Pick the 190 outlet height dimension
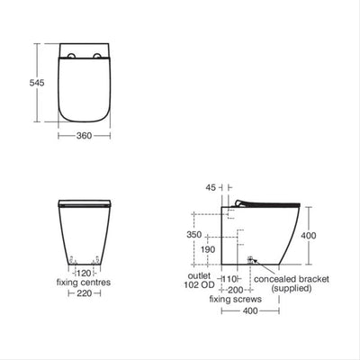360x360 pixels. (209, 249)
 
